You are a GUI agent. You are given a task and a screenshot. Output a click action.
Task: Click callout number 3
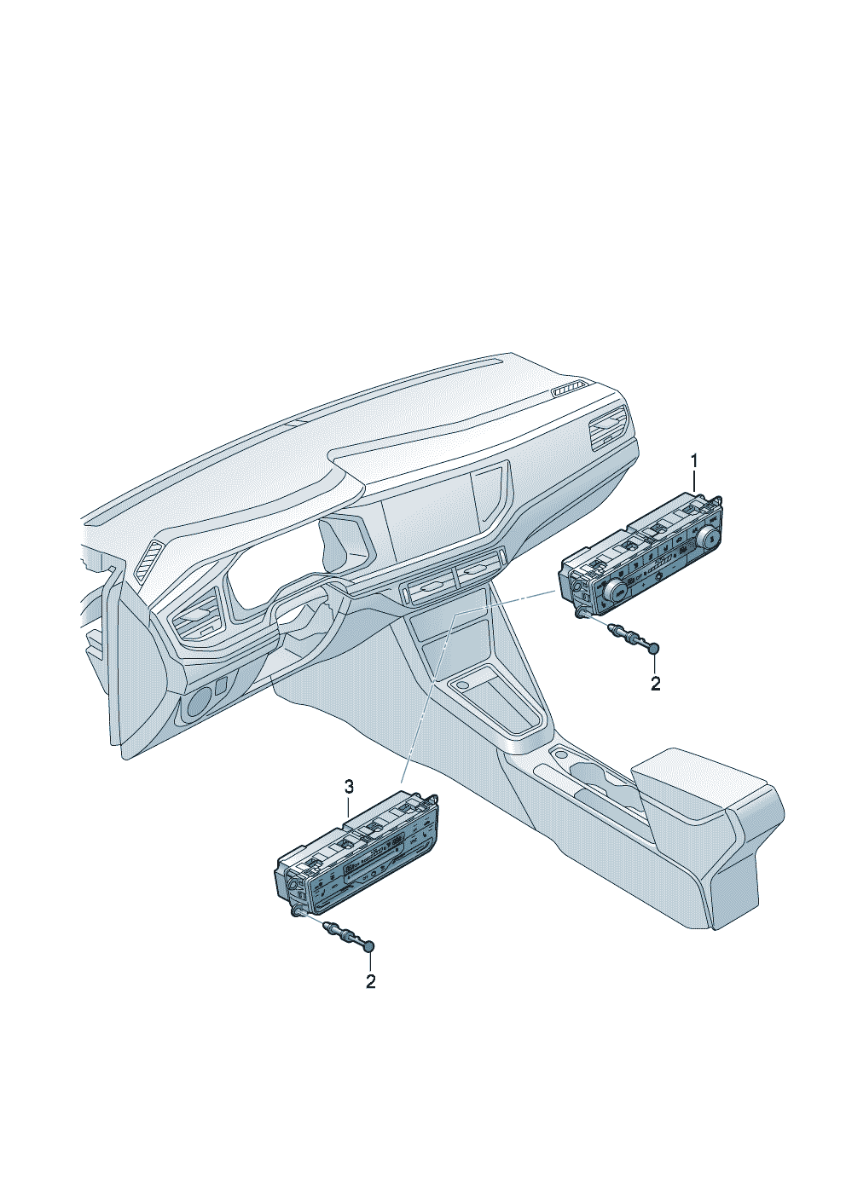pyautogui.click(x=348, y=786)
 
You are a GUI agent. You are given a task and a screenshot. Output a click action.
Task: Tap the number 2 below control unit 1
pyautogui.click(x=655, y=684)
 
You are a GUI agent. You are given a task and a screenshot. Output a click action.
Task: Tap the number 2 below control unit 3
pyautogui.click(x=371, y=981)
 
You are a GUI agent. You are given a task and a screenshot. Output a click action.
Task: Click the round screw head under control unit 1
pyautogui.click(x=655, y=648)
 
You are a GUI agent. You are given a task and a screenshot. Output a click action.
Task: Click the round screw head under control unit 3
pyautogui.click(x=369, y=946)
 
